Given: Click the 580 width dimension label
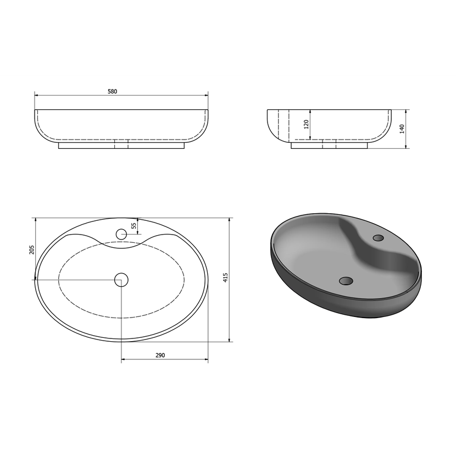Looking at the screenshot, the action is point(112,91).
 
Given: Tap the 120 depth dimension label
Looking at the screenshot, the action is point(306,124).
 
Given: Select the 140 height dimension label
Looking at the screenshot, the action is point(402,129).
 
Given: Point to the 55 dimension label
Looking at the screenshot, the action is point(134,226).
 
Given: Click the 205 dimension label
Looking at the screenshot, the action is point(32,250).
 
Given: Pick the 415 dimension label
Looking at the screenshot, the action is point(225,278).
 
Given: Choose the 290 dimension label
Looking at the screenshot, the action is point(160,355).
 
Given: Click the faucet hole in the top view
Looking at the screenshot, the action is point(121,234).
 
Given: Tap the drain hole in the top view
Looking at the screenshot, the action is point(121,280).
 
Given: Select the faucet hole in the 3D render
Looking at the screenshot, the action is point(378,238).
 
